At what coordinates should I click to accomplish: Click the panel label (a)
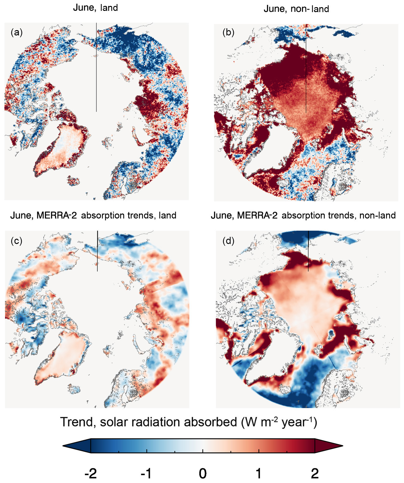tap(16, 32)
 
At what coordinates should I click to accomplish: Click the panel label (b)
tap(228, 32)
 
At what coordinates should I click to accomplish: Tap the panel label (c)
tap(16, 241)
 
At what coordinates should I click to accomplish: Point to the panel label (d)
tap(228, 241)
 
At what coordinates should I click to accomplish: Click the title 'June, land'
tap(95, 8)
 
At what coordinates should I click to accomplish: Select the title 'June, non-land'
tap(296, 9)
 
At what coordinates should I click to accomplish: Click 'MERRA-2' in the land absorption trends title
tap(57, 215)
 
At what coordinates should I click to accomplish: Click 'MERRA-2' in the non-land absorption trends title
tap(257, 215)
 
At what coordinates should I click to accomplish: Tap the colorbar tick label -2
tap(91, 474)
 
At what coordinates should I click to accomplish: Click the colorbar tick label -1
tap(146, 474)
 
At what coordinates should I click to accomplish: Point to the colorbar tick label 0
tap(203, 474)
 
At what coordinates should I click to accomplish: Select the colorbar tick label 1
tap(258, 474)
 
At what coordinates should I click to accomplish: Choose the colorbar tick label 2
tap(315, 474)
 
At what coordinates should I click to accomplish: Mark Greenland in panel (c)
tap(64, 354)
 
